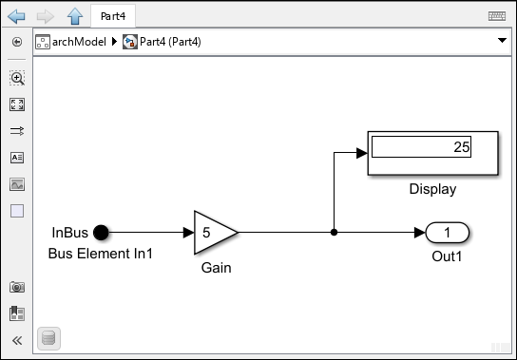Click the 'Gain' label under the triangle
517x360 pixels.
(x=216, y=268)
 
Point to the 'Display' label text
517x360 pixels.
(x=432, y=189)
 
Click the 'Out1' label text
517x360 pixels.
(x=447, y=254)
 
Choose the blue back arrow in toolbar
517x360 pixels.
(x=16, y=16)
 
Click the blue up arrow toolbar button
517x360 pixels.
(x=74, y=16)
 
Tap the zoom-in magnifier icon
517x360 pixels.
(x=17, y=78)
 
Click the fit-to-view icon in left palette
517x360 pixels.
(x=17, y=104)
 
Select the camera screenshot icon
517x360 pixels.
(x=17, y=287)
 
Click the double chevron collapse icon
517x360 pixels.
(x=17, y=340)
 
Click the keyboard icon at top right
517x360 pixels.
(x=495, y=16)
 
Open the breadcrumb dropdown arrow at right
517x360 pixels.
(x=501, y=42)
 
